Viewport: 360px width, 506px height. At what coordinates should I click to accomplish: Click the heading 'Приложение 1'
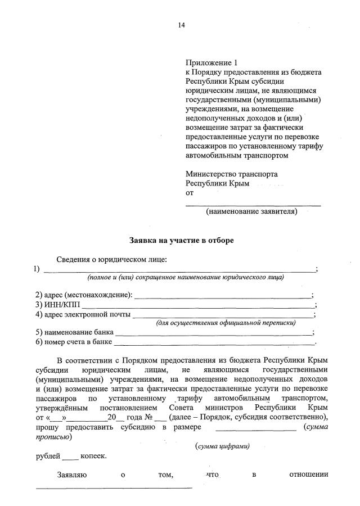click(208, 63)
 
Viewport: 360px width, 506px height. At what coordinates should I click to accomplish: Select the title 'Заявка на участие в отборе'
click(181, 240)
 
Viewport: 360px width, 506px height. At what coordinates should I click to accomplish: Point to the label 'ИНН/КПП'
click(61, 304)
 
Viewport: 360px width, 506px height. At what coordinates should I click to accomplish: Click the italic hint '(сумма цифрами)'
click(222, 446)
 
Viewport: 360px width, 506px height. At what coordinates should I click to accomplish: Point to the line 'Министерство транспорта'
click(231, 174)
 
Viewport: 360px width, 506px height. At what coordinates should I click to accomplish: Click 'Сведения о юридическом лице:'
click(112, 259)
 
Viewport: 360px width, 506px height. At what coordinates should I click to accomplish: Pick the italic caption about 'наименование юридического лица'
click(186, 277)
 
